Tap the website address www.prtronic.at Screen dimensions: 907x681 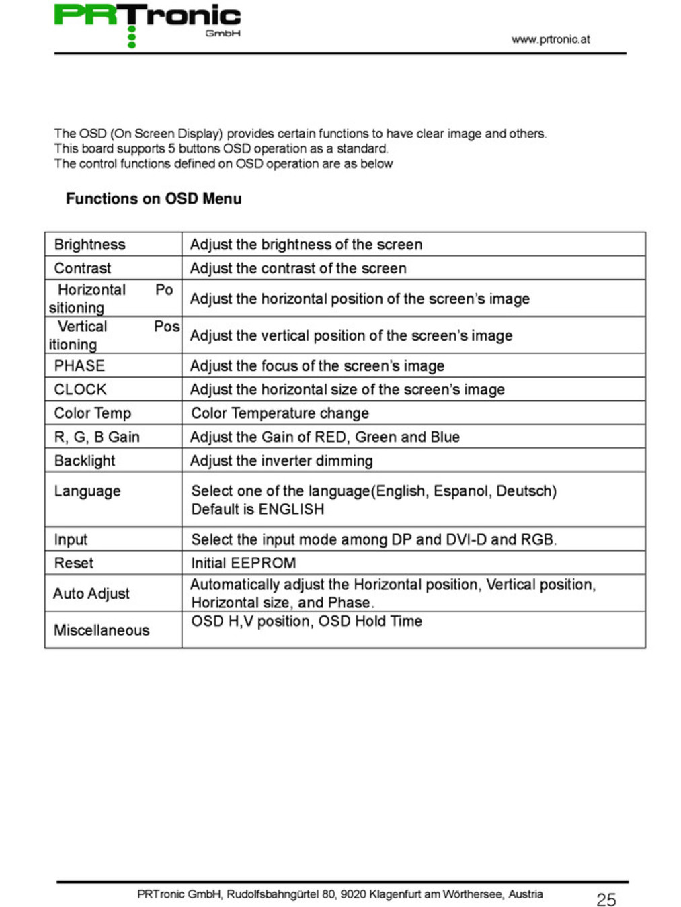click(550, 39)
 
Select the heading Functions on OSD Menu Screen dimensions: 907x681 click(153, 198)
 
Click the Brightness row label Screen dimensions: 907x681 click(89, 244)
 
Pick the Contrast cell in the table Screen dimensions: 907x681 click(82, 268)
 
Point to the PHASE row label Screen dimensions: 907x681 click(79, 365)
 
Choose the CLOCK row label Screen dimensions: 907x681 click(80, 389)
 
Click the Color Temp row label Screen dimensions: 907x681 click(92, 413)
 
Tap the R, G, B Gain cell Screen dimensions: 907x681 click(97, 437)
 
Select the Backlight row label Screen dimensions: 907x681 click(85, 460)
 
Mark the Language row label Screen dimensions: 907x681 click(87, 491)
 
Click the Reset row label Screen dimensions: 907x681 click(74, 563)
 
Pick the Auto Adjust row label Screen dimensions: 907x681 click(91, 593)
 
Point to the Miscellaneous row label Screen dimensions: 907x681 click(102, 630)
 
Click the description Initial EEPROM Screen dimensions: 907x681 click(243, 563)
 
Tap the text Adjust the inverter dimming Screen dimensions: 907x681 click(281, 460)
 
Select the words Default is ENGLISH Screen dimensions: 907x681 click(257, 509)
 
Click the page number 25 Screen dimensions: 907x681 click(606, 900)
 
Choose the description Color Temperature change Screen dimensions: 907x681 click(280, 413)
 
